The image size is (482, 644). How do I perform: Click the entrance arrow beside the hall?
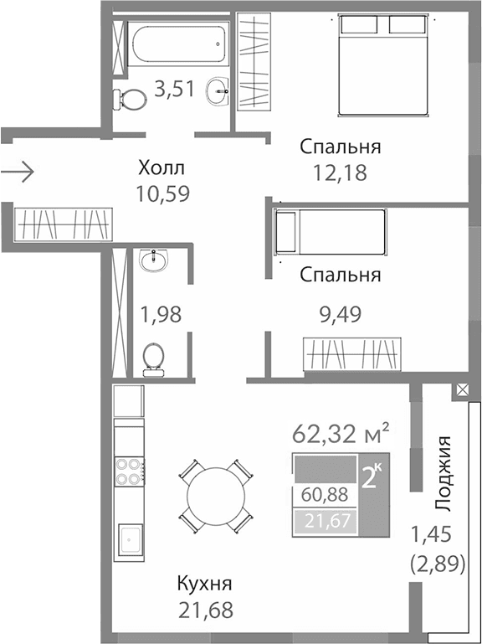[17, 173]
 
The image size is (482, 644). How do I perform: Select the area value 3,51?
[174, 87]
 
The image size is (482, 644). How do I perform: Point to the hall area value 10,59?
[162, 193]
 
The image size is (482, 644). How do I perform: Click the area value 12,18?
[340, 173]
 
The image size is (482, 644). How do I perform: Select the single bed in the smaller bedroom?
[331, 232]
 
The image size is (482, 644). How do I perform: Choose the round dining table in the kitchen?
[215, 497]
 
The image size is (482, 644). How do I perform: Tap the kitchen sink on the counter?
[131, 539]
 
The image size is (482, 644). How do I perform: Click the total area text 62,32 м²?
[341, 435]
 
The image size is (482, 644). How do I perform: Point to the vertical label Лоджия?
[445, 473]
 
